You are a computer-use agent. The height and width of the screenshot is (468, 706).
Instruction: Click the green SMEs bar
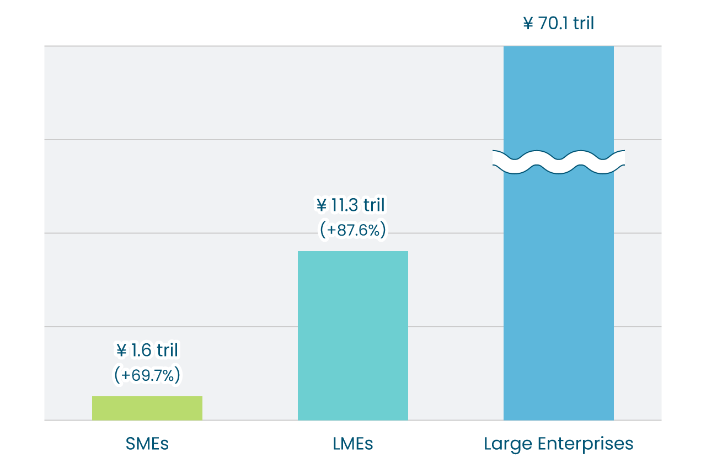tap(147, 408)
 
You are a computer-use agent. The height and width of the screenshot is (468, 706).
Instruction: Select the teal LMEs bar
tap(353, 336)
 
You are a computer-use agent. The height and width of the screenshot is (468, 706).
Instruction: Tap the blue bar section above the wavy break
tap(559, 97)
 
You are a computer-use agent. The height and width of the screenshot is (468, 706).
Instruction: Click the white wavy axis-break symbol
tap(559, 162)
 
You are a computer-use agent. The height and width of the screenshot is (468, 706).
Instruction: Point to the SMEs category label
tap(147, 444)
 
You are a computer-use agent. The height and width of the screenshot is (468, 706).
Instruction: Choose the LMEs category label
tap(353, 444)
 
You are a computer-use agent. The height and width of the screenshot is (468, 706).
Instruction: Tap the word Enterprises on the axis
tap(584, 444)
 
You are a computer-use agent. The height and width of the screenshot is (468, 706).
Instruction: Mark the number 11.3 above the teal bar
tap(345, 205)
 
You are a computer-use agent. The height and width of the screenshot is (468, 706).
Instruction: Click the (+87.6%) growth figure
tap(353, 230)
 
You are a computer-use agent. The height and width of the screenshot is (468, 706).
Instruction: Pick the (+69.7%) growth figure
tap(147, 375)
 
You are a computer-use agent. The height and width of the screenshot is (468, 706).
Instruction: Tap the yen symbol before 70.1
tap(528, 24)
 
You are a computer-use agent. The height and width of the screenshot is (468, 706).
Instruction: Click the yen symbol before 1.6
tap(121, 350)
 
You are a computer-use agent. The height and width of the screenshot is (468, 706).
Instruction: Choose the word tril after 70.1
tap(583, 24)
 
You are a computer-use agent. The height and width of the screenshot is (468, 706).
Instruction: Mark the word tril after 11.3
tap(373, 205)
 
